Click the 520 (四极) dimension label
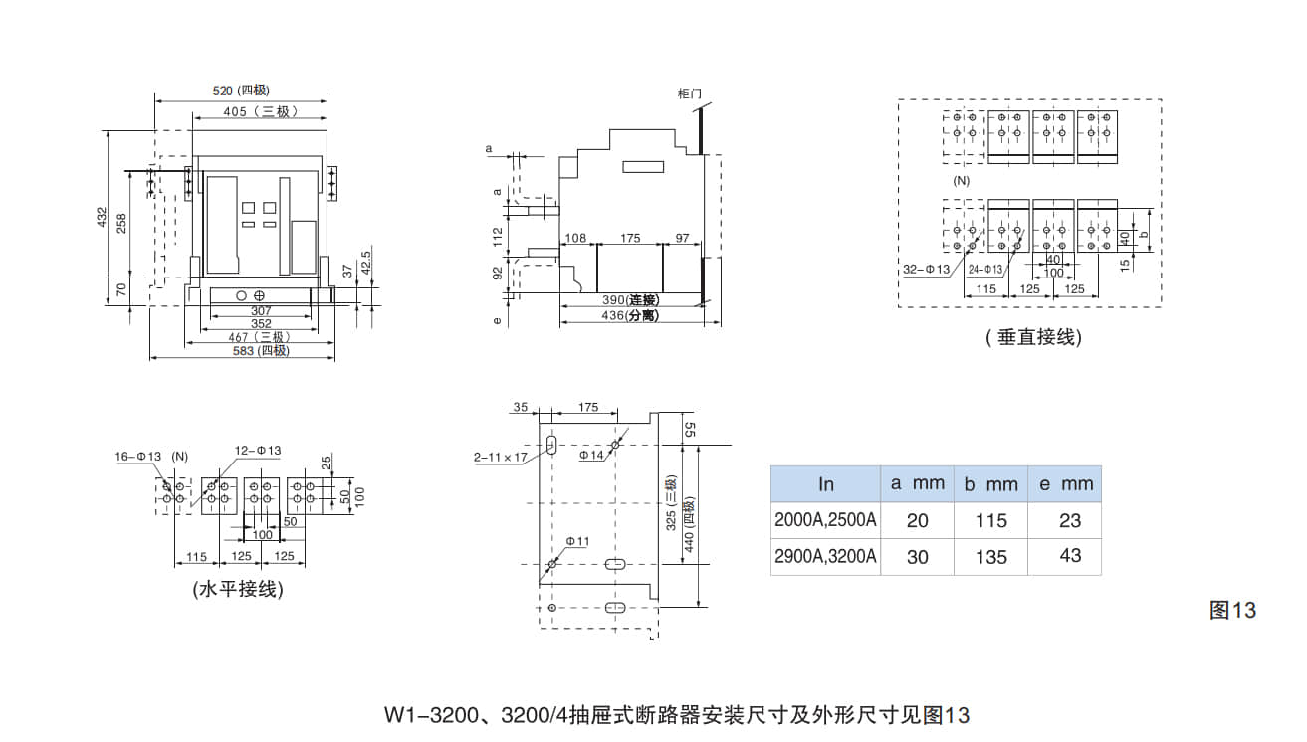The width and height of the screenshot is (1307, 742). tap(241, 91)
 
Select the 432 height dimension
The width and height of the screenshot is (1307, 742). tap(101, 217)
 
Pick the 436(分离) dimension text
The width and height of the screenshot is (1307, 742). tap(630, 316)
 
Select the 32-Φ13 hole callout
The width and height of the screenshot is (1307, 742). tap(926, 269)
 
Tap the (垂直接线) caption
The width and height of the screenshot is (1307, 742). tap(1033, 338)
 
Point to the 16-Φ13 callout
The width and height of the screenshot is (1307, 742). tap(137, 456)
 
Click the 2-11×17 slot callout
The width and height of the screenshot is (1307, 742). tap(500, 457)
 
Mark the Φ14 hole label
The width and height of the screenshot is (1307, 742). tap(592, 455)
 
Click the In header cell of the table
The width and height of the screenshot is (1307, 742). tap(825, 484)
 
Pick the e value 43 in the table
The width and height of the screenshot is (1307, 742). tap(1070, 555)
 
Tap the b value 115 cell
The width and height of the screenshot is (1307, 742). tap(990, 520)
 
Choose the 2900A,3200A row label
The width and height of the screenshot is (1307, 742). tap(825, 556)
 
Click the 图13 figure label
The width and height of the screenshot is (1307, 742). tap(1232, 610)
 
